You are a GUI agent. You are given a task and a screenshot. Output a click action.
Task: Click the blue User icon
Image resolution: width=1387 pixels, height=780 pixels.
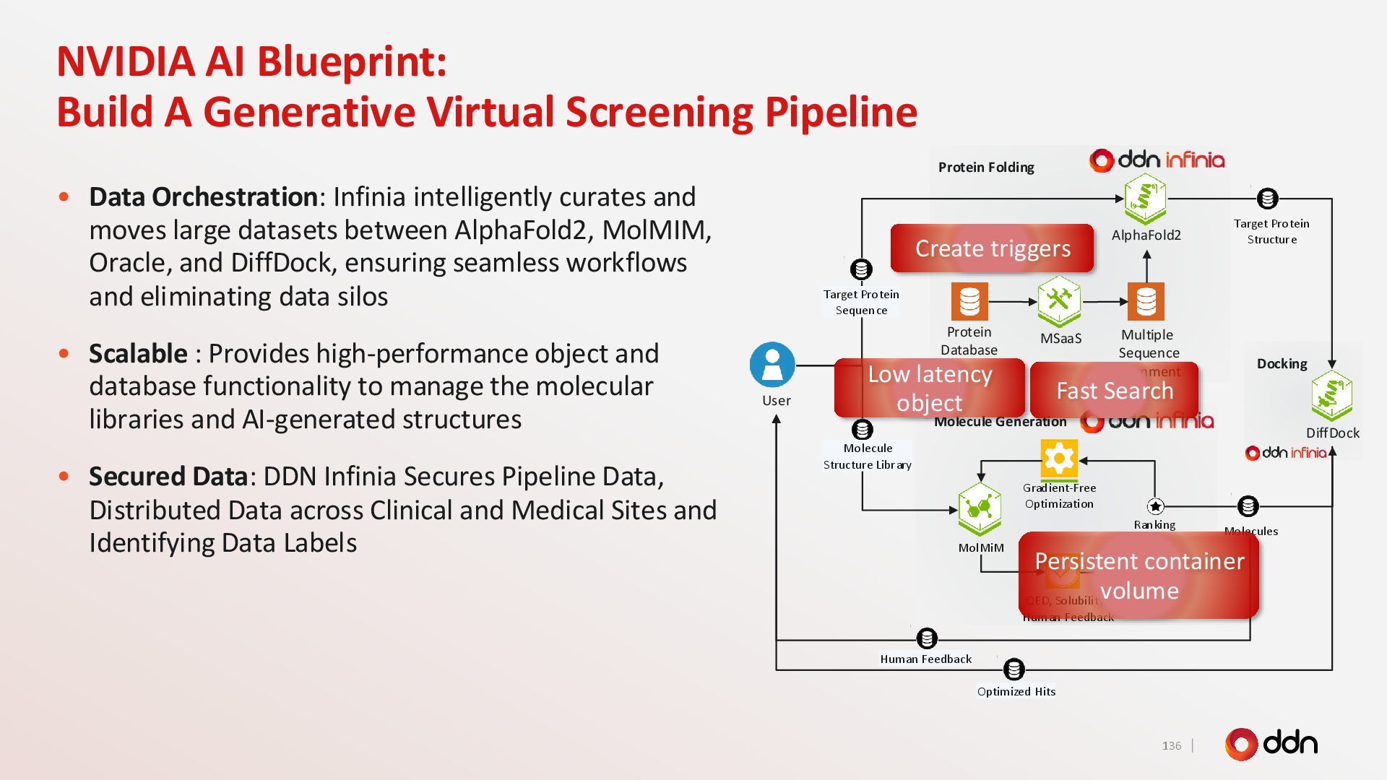click(x=772, y=365)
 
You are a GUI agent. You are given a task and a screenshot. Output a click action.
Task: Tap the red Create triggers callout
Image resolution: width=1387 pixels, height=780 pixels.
click(x=992, y=248)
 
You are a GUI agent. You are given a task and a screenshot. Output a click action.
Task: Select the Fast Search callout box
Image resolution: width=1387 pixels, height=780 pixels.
click(x=1114, y=391)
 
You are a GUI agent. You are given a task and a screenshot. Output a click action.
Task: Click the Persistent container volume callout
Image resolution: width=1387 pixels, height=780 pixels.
click(x=1138, y=576)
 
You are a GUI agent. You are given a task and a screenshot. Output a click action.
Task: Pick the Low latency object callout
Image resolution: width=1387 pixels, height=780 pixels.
click(x=929, y=388)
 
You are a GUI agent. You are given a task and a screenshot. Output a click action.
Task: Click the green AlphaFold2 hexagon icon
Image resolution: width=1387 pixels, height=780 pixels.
click(x=1145, y=199)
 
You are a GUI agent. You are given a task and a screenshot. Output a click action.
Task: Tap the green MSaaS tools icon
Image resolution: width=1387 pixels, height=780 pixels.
click(x=1059, y=300)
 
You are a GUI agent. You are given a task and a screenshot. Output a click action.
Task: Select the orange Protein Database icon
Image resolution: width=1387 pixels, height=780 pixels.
click(x=969, y=301)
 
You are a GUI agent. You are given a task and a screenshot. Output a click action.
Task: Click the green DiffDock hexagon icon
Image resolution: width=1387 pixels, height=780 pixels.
click(x=1331, y=396)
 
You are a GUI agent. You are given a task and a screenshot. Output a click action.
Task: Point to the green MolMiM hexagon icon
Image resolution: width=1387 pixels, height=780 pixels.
click(x=980, y=508)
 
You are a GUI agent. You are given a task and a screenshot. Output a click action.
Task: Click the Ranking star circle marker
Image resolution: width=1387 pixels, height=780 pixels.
click(x=1155, y=506)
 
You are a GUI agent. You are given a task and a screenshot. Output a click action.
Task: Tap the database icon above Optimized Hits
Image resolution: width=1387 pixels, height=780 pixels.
click(x=1014, y=669)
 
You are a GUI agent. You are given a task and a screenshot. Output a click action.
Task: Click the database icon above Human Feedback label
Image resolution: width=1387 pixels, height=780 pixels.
click(x=927, y=638)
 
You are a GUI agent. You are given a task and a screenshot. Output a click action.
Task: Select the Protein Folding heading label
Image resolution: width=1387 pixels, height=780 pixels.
click(x=986, y=168)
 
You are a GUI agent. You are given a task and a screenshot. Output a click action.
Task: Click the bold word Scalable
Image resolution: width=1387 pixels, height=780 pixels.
click(x=138, y=354)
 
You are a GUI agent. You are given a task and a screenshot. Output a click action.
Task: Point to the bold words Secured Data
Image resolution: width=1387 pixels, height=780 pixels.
click(x=168, y=477)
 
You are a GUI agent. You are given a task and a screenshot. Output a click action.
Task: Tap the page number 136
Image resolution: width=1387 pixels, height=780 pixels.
click(x=1172, y=745)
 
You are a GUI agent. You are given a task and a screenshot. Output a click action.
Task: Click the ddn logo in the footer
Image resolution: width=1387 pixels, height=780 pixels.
click(x=1271, y=744)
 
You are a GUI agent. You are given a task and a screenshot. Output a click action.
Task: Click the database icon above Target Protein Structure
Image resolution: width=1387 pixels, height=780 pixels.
click(x=1267, y=198)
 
